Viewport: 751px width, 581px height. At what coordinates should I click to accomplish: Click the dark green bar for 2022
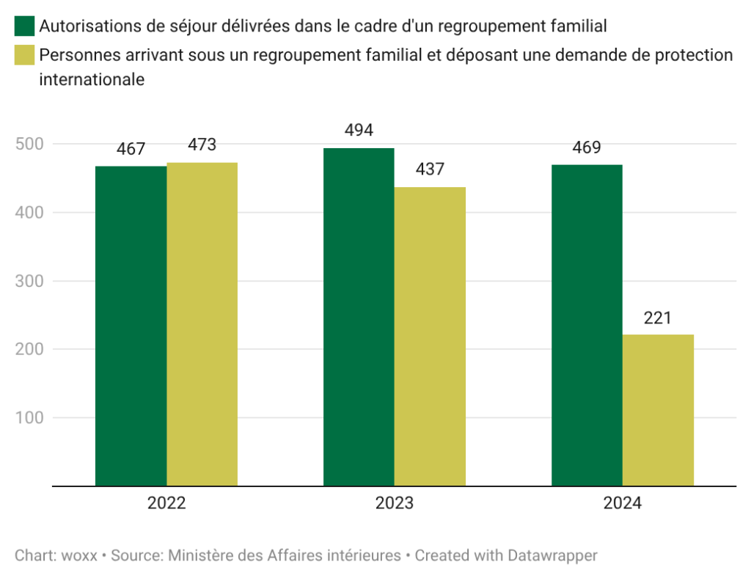pyautogui.click(x=131, y=326)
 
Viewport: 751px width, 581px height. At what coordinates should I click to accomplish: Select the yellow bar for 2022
pyautogui.click(x=202, y=324)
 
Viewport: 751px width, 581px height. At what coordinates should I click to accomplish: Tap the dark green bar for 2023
pyautogui.click(x=359, y=317)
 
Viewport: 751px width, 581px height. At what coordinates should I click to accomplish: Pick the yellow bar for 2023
pyautogui.click(x=430, y=336)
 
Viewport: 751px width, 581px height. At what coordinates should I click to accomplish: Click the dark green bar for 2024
pyautogui.click(x=587, y=325)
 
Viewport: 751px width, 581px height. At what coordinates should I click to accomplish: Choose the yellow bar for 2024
pyautogui.click(x=658, y=410)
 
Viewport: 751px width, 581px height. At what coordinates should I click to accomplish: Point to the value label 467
pyautogui.click(x=131, y=149)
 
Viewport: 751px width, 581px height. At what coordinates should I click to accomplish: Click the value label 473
pyautogui.click(x=202, y=145)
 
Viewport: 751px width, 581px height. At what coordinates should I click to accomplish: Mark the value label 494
pyautogui.click(x=359, y=131)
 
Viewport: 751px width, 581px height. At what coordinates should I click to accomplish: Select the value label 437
pyautogui.click(x=430, y=169)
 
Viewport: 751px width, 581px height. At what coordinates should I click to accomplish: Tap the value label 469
pyautogui.click(x=587, y=147)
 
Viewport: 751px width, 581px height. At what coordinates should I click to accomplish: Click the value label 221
pyautogui.click(x=658, y=318)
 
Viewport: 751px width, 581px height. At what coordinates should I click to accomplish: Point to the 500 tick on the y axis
pyautogui.click(x=29, y=144)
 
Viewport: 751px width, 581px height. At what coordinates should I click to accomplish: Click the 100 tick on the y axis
pyautogui.click(x=29, y=418)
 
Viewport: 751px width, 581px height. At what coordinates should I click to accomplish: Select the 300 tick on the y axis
pyautogui.click(x=29, y=281)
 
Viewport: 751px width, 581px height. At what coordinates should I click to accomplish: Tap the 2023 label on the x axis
pyautogui.click(x=395, y=504)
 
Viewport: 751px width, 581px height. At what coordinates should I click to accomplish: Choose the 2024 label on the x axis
pyautogui.click(x=623, y=504)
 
